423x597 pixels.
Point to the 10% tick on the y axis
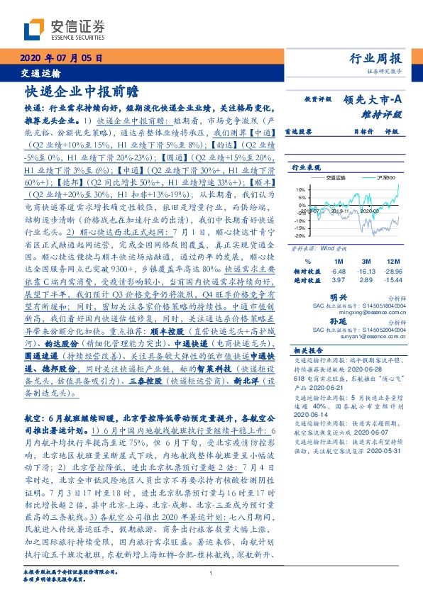coord(300,190)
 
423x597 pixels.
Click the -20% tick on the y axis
coord(300,234)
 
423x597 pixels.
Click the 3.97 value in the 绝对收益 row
coord(337,281)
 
